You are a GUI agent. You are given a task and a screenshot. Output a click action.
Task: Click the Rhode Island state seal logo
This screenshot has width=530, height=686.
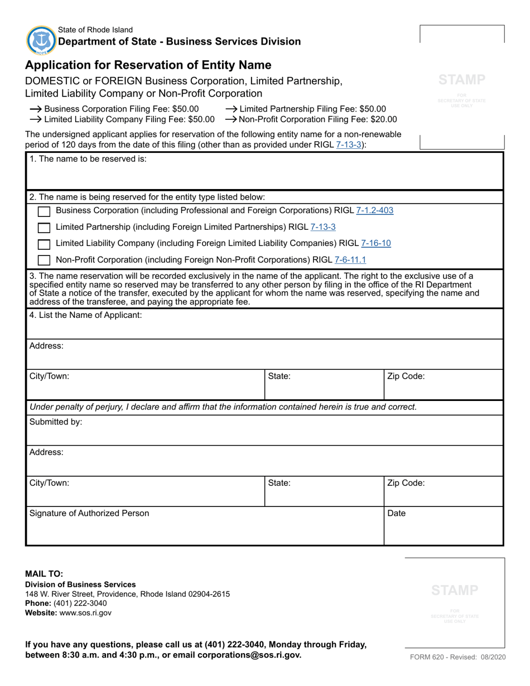coord(41,40)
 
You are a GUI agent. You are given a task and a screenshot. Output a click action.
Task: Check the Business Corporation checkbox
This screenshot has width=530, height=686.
coord(44,211)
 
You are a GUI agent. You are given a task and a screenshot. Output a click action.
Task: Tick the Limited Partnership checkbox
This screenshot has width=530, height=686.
coord(44,228)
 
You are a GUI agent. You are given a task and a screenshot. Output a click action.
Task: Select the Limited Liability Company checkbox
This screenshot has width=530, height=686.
coord(44,244)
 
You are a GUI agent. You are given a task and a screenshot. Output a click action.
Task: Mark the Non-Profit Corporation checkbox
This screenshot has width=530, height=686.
coord(44,260)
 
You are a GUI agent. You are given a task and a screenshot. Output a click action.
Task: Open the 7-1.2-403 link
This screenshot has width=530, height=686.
coord(374,210)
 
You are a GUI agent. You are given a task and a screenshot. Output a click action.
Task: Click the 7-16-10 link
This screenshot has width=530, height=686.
coord(376,243)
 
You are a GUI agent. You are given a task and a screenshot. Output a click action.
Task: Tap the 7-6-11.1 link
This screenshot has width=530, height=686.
coord(350,259)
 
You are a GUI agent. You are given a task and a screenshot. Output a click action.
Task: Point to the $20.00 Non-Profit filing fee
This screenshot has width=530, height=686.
coord(383,119)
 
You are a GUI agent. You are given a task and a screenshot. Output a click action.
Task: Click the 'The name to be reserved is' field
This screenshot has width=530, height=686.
coord(264,176)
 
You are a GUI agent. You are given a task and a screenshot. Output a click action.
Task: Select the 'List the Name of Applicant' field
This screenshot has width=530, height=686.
coord(264,328)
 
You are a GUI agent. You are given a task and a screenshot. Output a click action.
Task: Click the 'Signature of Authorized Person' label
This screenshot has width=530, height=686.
coord(89,513)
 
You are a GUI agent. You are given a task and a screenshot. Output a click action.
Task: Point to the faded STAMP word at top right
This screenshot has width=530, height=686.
coord(462,80)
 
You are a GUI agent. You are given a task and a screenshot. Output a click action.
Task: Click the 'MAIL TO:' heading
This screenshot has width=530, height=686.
coord(45,573)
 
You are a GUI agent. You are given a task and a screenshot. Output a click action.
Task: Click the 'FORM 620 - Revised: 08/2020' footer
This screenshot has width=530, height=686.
coord(458,657)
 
